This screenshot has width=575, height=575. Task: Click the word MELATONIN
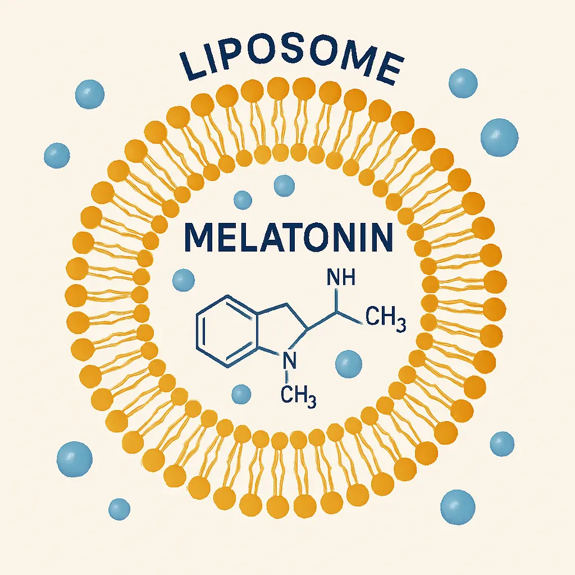[x=287, y=238]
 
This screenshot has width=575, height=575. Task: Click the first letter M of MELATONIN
[x=200, y=238]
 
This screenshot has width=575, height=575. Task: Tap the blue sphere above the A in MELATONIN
[x=284, y=185]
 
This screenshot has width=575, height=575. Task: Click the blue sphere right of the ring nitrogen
[x=348, y=363]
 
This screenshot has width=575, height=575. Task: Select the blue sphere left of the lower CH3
[x=241, y=394]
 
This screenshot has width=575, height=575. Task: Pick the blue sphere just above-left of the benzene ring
[x=183, y=279]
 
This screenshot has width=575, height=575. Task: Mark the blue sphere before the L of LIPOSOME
[x=89, y=93]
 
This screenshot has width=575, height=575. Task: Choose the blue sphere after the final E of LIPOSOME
[x=463, y=83]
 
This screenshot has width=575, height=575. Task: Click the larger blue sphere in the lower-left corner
[x=74, y=459]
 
